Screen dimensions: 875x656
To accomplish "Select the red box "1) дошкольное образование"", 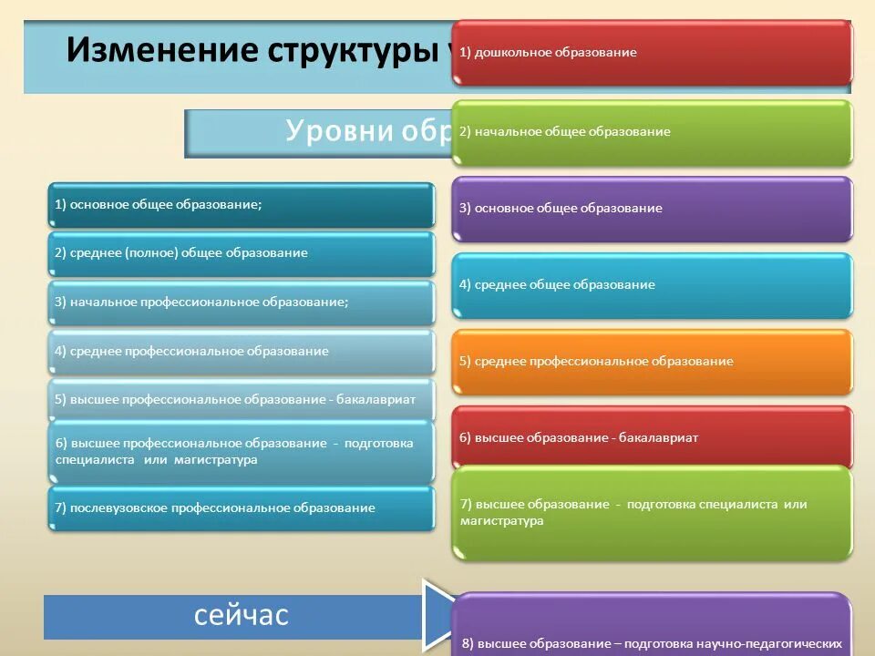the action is [x=652, y=52].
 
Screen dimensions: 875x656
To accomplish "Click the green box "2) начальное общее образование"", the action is [x=652, y=132].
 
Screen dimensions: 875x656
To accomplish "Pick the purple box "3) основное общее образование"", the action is [x=652, y=209].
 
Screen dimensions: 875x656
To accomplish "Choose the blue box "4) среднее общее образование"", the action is [x=652, y=285].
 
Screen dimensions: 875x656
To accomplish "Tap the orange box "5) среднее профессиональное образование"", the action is [x=652, y=362].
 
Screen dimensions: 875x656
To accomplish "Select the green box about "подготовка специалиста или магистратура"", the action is [x=652, y=513].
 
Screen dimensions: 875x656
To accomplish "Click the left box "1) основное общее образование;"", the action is [x=242, y=205].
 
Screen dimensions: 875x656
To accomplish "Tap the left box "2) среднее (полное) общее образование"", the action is [x=242, y=253].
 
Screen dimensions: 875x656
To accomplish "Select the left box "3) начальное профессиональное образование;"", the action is [x=242, y=302].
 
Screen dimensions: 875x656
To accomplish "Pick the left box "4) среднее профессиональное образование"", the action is [x=242, y=351].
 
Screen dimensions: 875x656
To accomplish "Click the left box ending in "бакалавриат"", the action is [x=242, y=399].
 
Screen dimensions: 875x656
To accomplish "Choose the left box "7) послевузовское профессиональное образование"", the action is [x=242, y=508].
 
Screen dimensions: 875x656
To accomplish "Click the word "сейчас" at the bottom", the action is [x=241, y=616].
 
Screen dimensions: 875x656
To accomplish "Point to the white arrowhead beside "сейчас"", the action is [x=438, y=616].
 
